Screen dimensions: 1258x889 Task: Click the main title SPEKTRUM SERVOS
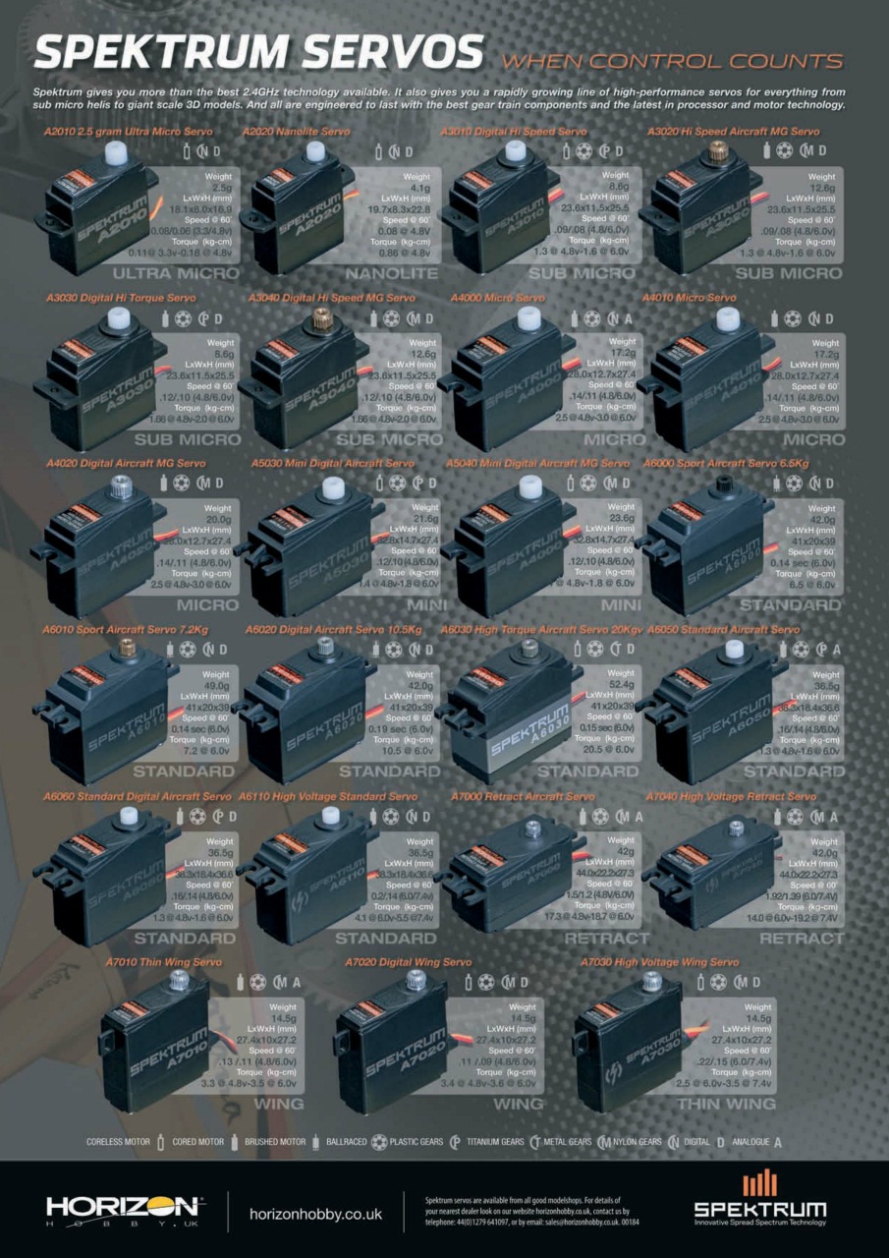257,51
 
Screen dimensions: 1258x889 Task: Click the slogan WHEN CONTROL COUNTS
672,61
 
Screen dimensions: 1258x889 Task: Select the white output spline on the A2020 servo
315,151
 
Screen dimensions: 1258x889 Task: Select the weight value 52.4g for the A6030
621,685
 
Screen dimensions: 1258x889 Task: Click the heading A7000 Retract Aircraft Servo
523,796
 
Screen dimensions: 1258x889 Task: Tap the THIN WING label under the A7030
725,1104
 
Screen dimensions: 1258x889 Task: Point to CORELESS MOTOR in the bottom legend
118,1142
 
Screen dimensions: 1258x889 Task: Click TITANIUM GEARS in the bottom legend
494,1142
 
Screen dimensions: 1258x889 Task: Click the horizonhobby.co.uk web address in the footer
315,1214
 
